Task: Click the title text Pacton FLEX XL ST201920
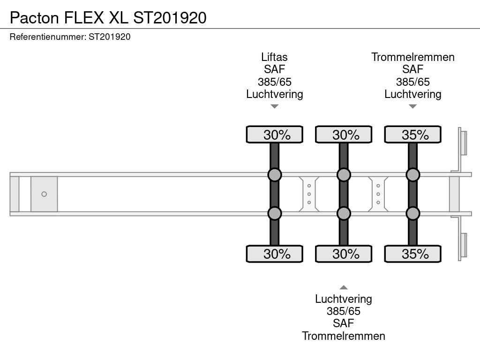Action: tap(108, 18)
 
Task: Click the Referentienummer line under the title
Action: tap(70, 37)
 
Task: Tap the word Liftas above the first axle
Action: tap(274, 57)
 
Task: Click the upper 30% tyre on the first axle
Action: tap(275, 135)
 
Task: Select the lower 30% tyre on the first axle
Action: tap(275, 254)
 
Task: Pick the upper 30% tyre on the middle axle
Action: tap(344, 135)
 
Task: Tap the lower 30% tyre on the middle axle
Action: tap(344, 254)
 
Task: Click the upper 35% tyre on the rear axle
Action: tap(412, 135)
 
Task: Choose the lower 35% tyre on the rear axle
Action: tap(412, 254)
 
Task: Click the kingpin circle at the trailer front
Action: tap(44, 194)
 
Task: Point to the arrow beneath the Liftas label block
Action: tap(275, 106)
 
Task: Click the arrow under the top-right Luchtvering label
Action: tap(412, 106)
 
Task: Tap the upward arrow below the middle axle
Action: tap(344, 287)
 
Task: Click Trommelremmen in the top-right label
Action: tap(412, 57)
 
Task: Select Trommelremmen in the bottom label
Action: tap(344, 336)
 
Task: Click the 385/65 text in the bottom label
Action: tap(344, 311)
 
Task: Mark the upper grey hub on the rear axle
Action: tap(412, 175)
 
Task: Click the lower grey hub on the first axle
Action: tap(275, 213)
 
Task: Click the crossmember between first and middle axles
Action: tap(309, 194)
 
